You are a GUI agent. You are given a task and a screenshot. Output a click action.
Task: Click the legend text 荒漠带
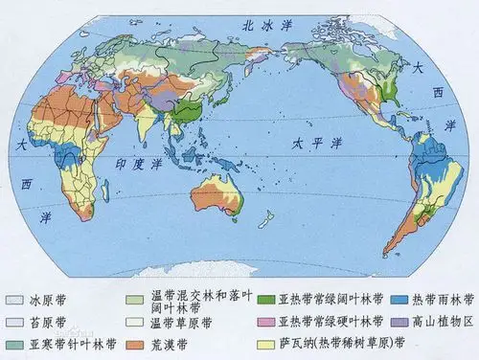click(169, 343)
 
